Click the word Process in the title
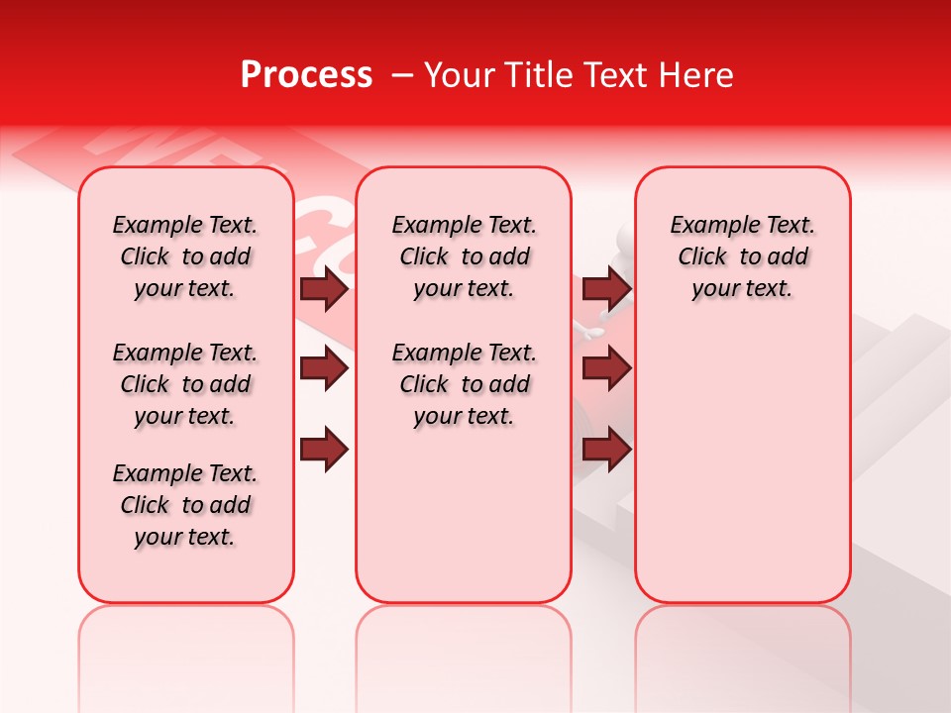306,75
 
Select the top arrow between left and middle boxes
324,289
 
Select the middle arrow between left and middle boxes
324,369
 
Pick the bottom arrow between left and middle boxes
324,449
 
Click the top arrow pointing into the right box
606,289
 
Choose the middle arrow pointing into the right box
606,369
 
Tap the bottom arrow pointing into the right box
606,449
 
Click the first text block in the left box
185,256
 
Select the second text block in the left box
185,384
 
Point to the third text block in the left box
185,505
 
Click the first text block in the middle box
464,256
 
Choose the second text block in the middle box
464,384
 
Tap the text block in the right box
742,256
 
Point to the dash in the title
403,75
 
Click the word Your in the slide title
459,75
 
